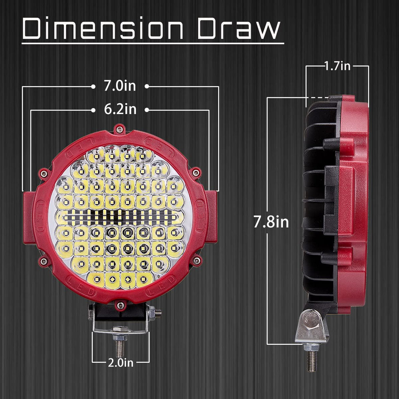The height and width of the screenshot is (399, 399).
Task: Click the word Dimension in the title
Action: (x=103, y=28)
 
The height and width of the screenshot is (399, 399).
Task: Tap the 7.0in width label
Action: (x=120, y=86)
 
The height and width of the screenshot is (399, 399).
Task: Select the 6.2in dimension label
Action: (x=120, y=109)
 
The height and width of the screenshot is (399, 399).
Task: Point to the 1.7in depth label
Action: (x=338, y=66)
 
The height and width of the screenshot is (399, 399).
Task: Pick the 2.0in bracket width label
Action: (x=120, y=362)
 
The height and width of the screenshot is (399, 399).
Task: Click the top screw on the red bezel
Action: (x=119, y=129)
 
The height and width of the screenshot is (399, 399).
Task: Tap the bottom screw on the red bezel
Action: (x=120, y=305)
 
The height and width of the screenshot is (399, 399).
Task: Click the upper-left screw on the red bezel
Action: (x=44, y=174)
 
